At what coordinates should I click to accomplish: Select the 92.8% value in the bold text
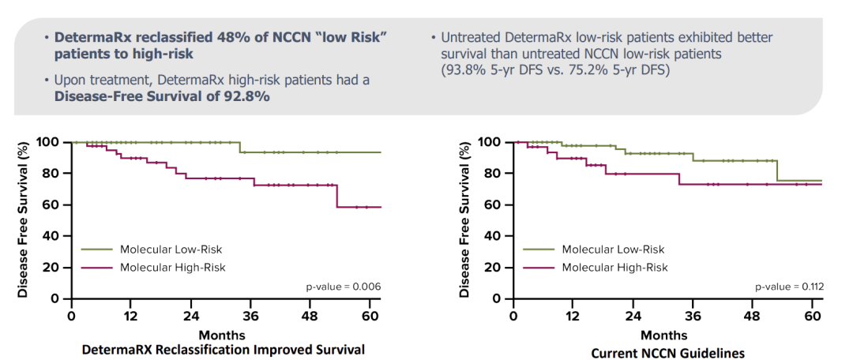point(245,96)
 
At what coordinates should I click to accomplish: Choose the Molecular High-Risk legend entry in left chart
point(172,268)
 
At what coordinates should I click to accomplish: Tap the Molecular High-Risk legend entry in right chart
point(614,268)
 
